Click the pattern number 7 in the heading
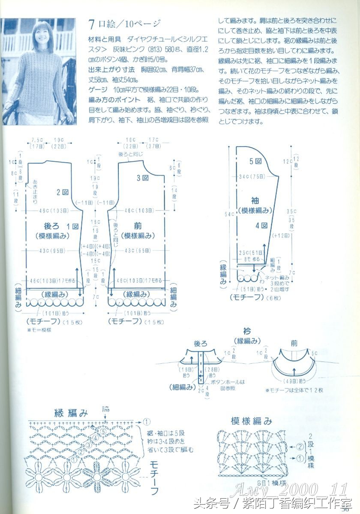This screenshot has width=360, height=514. pyautogui.click(x=91, y=24)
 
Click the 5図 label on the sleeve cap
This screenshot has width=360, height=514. pyautogui.click(x=255, y=161)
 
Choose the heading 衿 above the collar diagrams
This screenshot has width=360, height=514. pyautogui.click(x=247, y=331)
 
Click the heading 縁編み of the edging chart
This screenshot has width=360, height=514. pyautogui.click(x=71, y=413)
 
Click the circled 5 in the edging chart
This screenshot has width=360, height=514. pyautogui.click(x=103, y=432)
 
